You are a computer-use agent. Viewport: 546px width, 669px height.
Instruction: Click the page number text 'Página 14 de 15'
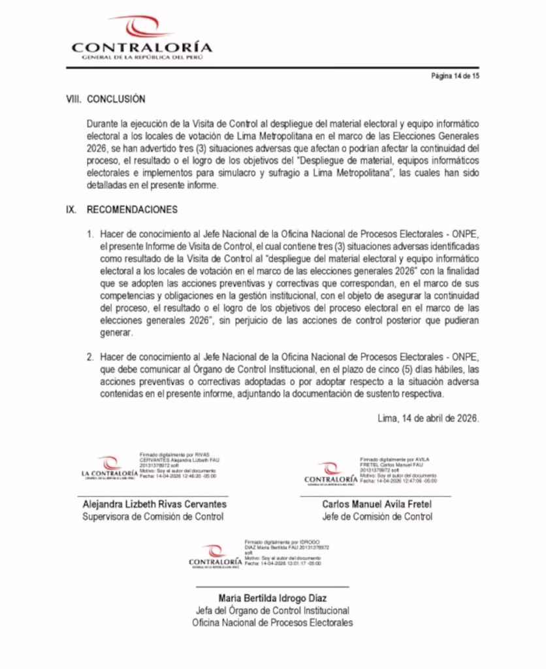[455, 76]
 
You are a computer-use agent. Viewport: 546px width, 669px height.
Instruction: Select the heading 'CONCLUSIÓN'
[116, 100]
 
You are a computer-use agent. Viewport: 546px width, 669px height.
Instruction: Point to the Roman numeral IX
[72, 210]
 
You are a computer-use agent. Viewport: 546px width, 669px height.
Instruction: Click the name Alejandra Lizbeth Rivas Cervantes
[154, 504]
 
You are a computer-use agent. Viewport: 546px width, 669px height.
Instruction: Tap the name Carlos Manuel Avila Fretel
[377, 504]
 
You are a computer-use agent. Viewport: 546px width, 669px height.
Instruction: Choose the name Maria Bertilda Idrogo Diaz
[272, 598]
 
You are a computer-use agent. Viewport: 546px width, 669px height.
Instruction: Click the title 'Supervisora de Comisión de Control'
[153, 517]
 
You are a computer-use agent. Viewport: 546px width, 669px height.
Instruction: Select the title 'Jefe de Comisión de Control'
[377, 517]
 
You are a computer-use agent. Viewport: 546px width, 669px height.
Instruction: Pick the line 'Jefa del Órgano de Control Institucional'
[272, 611]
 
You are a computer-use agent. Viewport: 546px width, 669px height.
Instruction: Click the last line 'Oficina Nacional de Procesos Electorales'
[272, 623]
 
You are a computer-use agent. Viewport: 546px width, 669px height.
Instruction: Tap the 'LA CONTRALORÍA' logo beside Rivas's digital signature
[109, 468]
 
